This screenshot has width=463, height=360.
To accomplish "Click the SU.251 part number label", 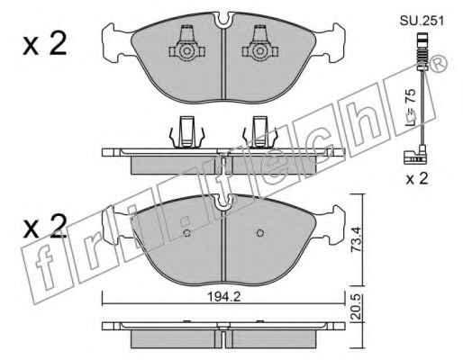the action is [x=422, y=22].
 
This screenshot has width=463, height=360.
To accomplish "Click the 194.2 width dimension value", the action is [x=224, y=297].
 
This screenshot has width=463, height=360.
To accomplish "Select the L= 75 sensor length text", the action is [x=411, y=107].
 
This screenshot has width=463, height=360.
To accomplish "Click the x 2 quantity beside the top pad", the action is [x=44, y=44].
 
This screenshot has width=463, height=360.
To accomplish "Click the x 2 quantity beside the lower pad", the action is [x=44, y=227].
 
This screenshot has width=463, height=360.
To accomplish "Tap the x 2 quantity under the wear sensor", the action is [x=417, y=179].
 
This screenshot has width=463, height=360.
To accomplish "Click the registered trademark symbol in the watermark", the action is [x=438, y=64].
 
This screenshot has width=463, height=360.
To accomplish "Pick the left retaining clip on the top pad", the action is [x=186, y=45].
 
